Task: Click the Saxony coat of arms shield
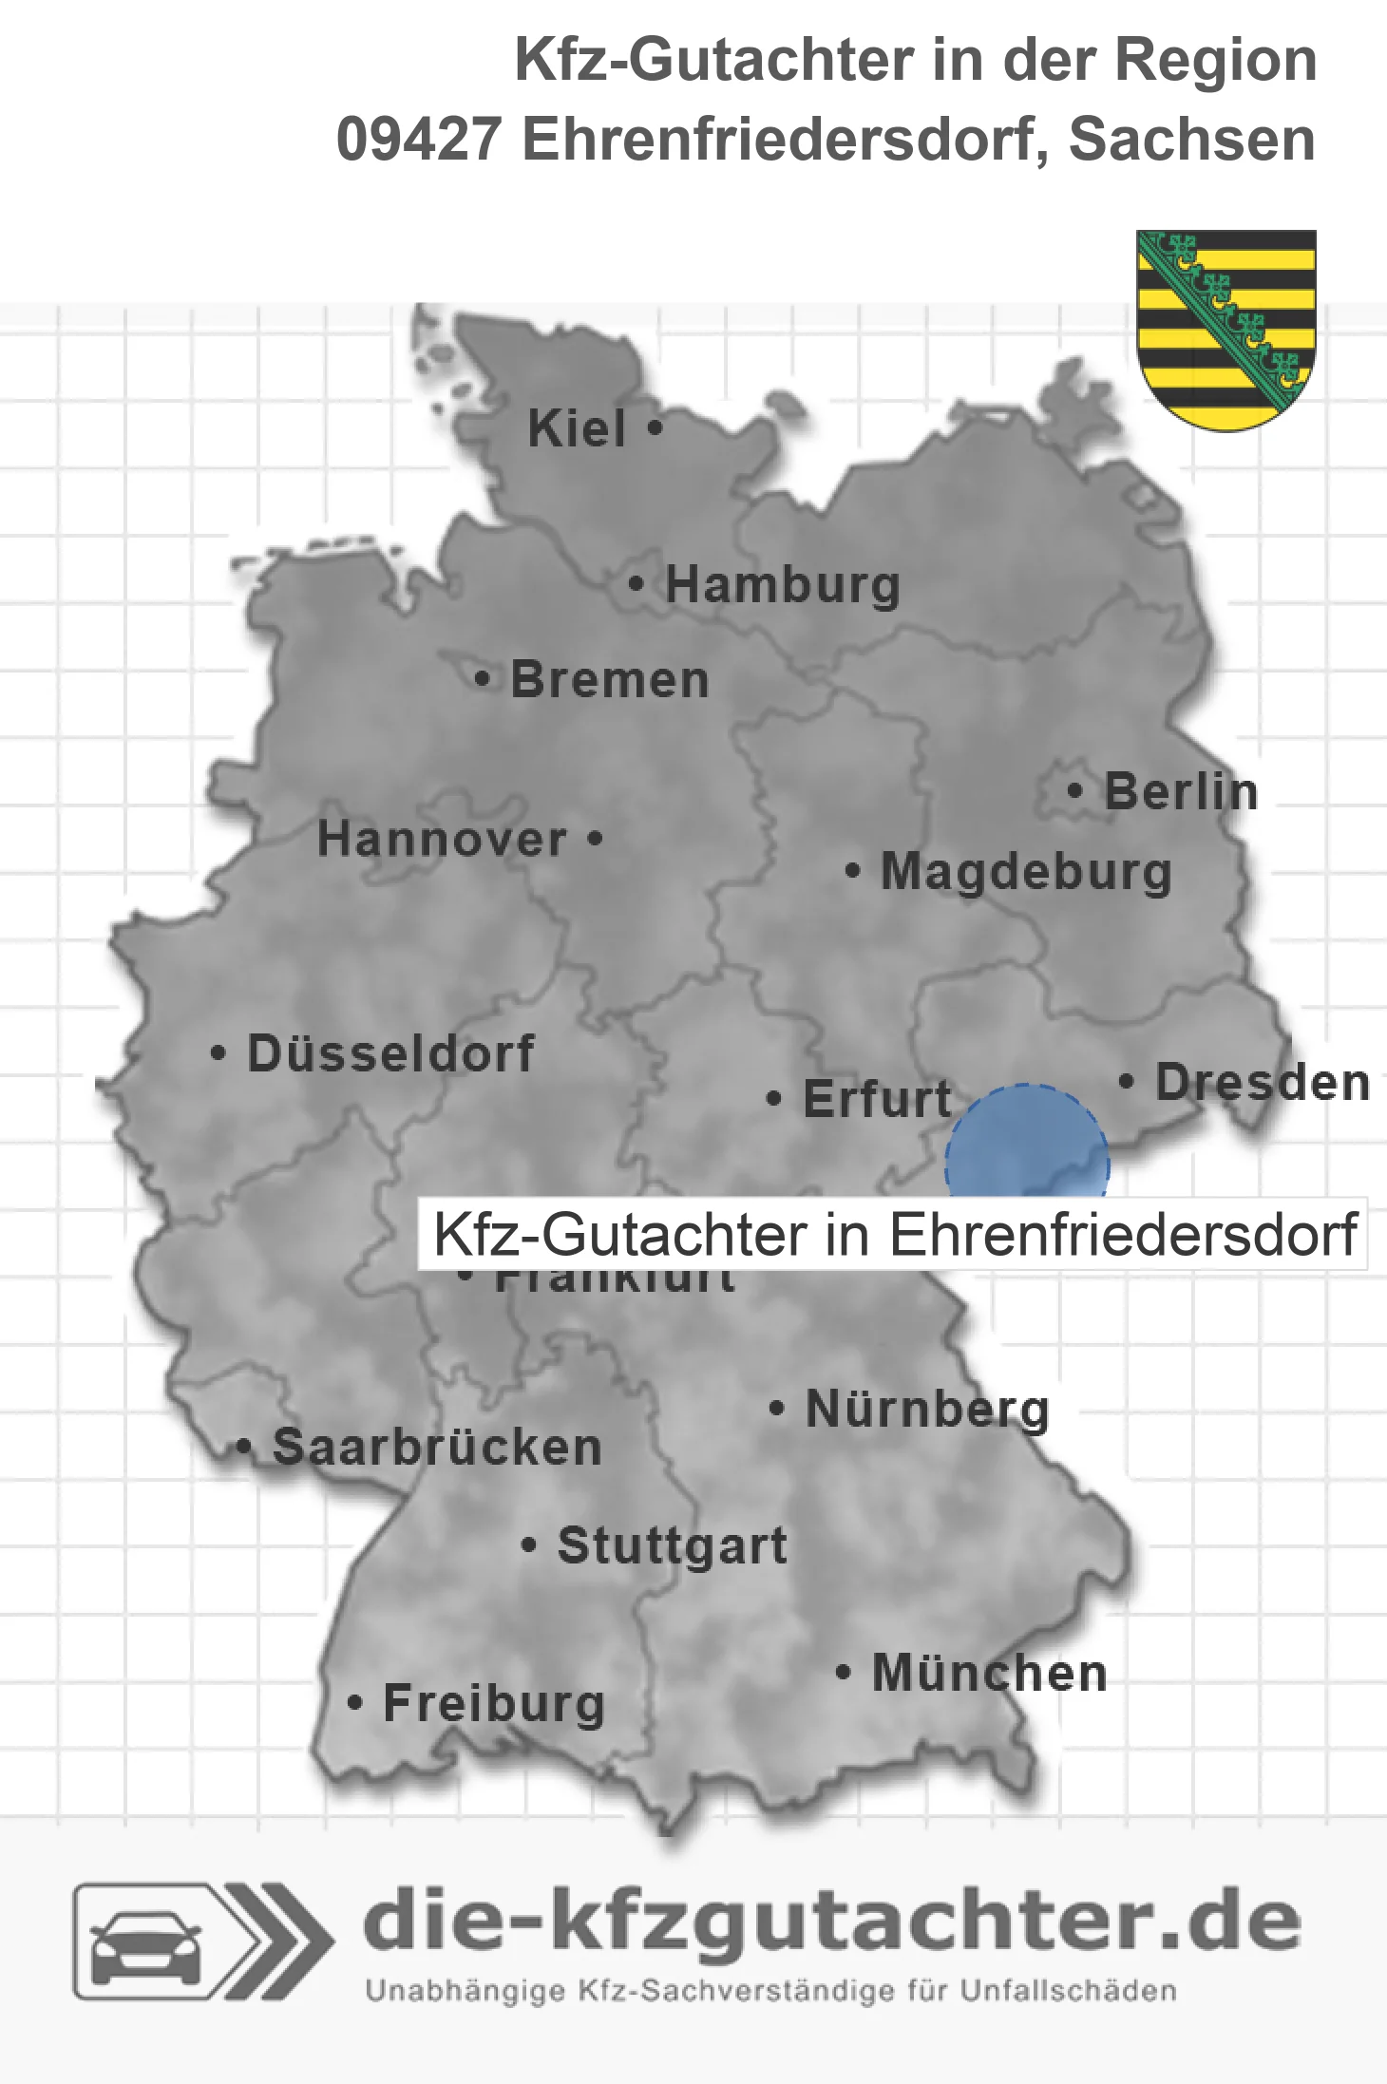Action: pyautogui.click(x=1226, y=328)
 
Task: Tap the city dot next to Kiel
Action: pyautogui.click(x=655, y=428)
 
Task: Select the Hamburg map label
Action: pyautogui.click(x=783, y=584)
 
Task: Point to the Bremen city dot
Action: pyautogui.click(x=483, y=679)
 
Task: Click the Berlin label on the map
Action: pyautogui.click(x=1181, y=791)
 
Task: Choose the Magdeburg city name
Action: pyautogui.click(x=1026, y=871)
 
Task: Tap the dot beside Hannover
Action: pyautogui.click(x=595, y=839)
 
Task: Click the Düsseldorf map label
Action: pyautogui.click(x=390, y=1053)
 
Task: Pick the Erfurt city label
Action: pyautogui.click(x=877, y=1099)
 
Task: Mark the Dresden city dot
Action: pyautogui.click(x=1127, y=1081)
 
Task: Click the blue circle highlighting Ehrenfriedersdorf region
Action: pyautogui.click(x=1027, y=1144)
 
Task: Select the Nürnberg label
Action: pyautogui.click(x=927, y=1409)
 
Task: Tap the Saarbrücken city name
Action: pyautogui.click(x=437, y=1447)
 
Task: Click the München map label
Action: pyautogui.click(x=989, y=1673)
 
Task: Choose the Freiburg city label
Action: pyautogui.click(x=494, y=1703)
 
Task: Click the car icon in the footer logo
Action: pyautogui.click(x=145, y=1947)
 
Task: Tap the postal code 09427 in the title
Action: pyautogui.click(x=419, y=140)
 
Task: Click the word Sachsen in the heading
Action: pyautogui.click(x=1191, y=140)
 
